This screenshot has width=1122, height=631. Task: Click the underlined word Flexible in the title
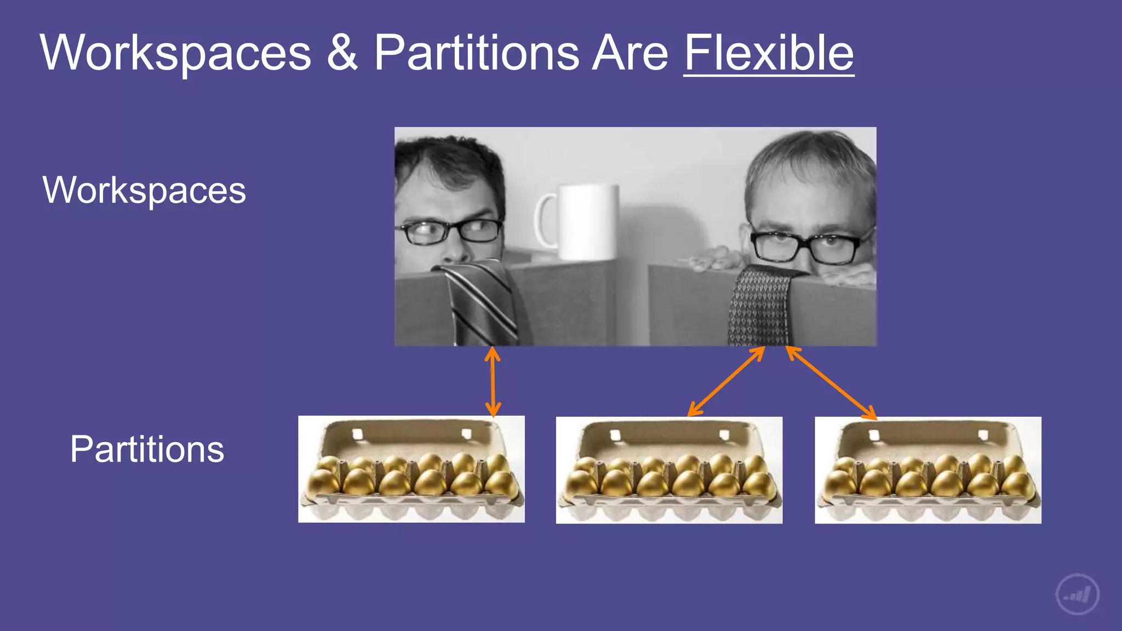coord(769,53)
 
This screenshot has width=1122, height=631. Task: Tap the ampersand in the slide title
coord(342,53)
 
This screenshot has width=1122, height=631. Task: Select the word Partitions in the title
coord(477,53)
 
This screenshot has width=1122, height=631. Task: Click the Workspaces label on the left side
coord(144,190)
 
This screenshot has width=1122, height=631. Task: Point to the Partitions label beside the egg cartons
coord(147,449)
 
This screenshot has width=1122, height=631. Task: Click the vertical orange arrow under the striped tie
coord(493,382)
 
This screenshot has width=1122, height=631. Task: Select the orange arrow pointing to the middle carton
coord(726,381)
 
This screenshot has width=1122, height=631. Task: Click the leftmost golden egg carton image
coord(411,469)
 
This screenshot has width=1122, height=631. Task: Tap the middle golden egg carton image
coord(669,470)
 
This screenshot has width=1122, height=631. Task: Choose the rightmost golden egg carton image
coord(928,470)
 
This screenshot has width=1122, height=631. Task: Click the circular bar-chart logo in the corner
coord(1077,594)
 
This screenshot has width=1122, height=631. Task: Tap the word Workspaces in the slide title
coord(175,53)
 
